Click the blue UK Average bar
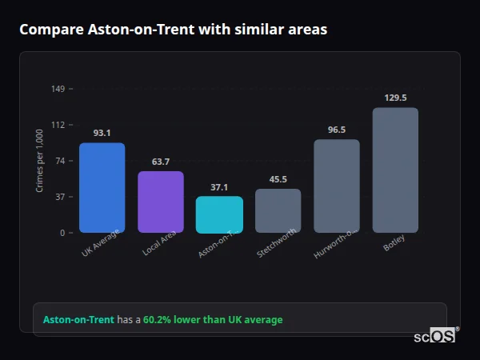pos(102,188)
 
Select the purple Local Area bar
pos(161,202)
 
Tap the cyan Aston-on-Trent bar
pos(219,214)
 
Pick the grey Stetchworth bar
pos(278,210)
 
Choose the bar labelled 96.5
pos(337,186)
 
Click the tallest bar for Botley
pos(395,170)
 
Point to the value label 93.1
pos(102,133)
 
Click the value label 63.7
pos(161,162)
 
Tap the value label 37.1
pos(219,187)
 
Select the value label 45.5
pos(278,179)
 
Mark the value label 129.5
pos(395,98)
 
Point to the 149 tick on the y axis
pos(58,89)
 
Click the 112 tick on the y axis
pos(58,125)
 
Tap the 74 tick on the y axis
pos(60,161)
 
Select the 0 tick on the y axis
pos(62,233)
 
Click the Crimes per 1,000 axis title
pos(40,161)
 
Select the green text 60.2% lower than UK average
pos(213,319)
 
